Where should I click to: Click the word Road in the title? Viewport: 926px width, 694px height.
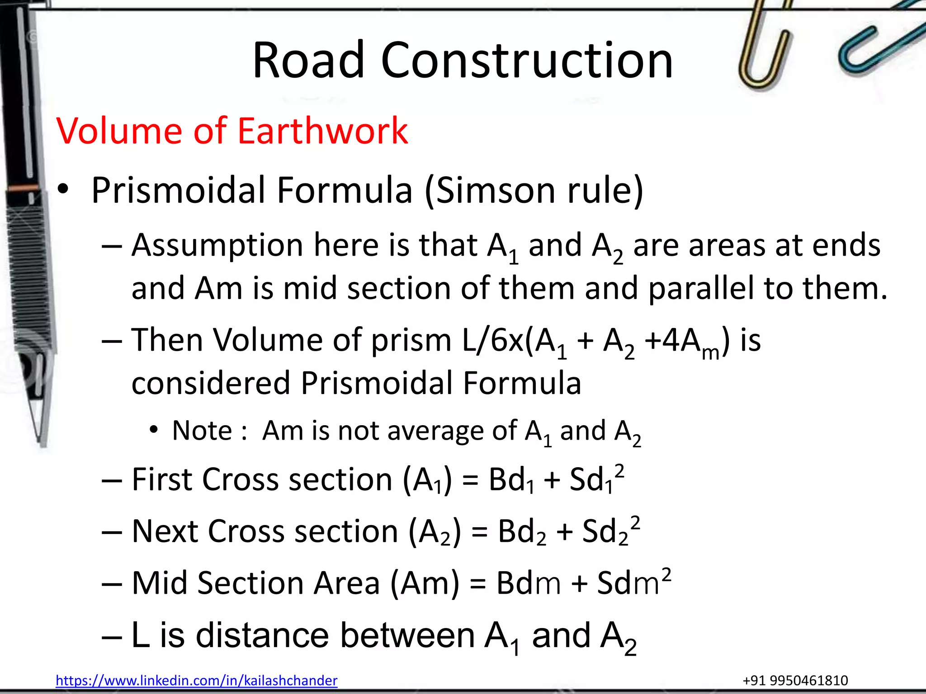(308, 60)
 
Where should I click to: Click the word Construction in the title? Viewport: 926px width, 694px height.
(527, 60)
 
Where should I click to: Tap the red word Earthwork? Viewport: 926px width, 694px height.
(322, 131)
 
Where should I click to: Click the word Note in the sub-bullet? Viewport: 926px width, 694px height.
(202, 430)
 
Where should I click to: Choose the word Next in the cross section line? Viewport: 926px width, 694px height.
(165, 531)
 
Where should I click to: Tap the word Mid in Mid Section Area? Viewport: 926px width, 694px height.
(159, 583)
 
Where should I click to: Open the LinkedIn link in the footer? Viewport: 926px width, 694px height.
(196, 680)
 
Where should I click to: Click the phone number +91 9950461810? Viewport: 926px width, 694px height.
(795, 680)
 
